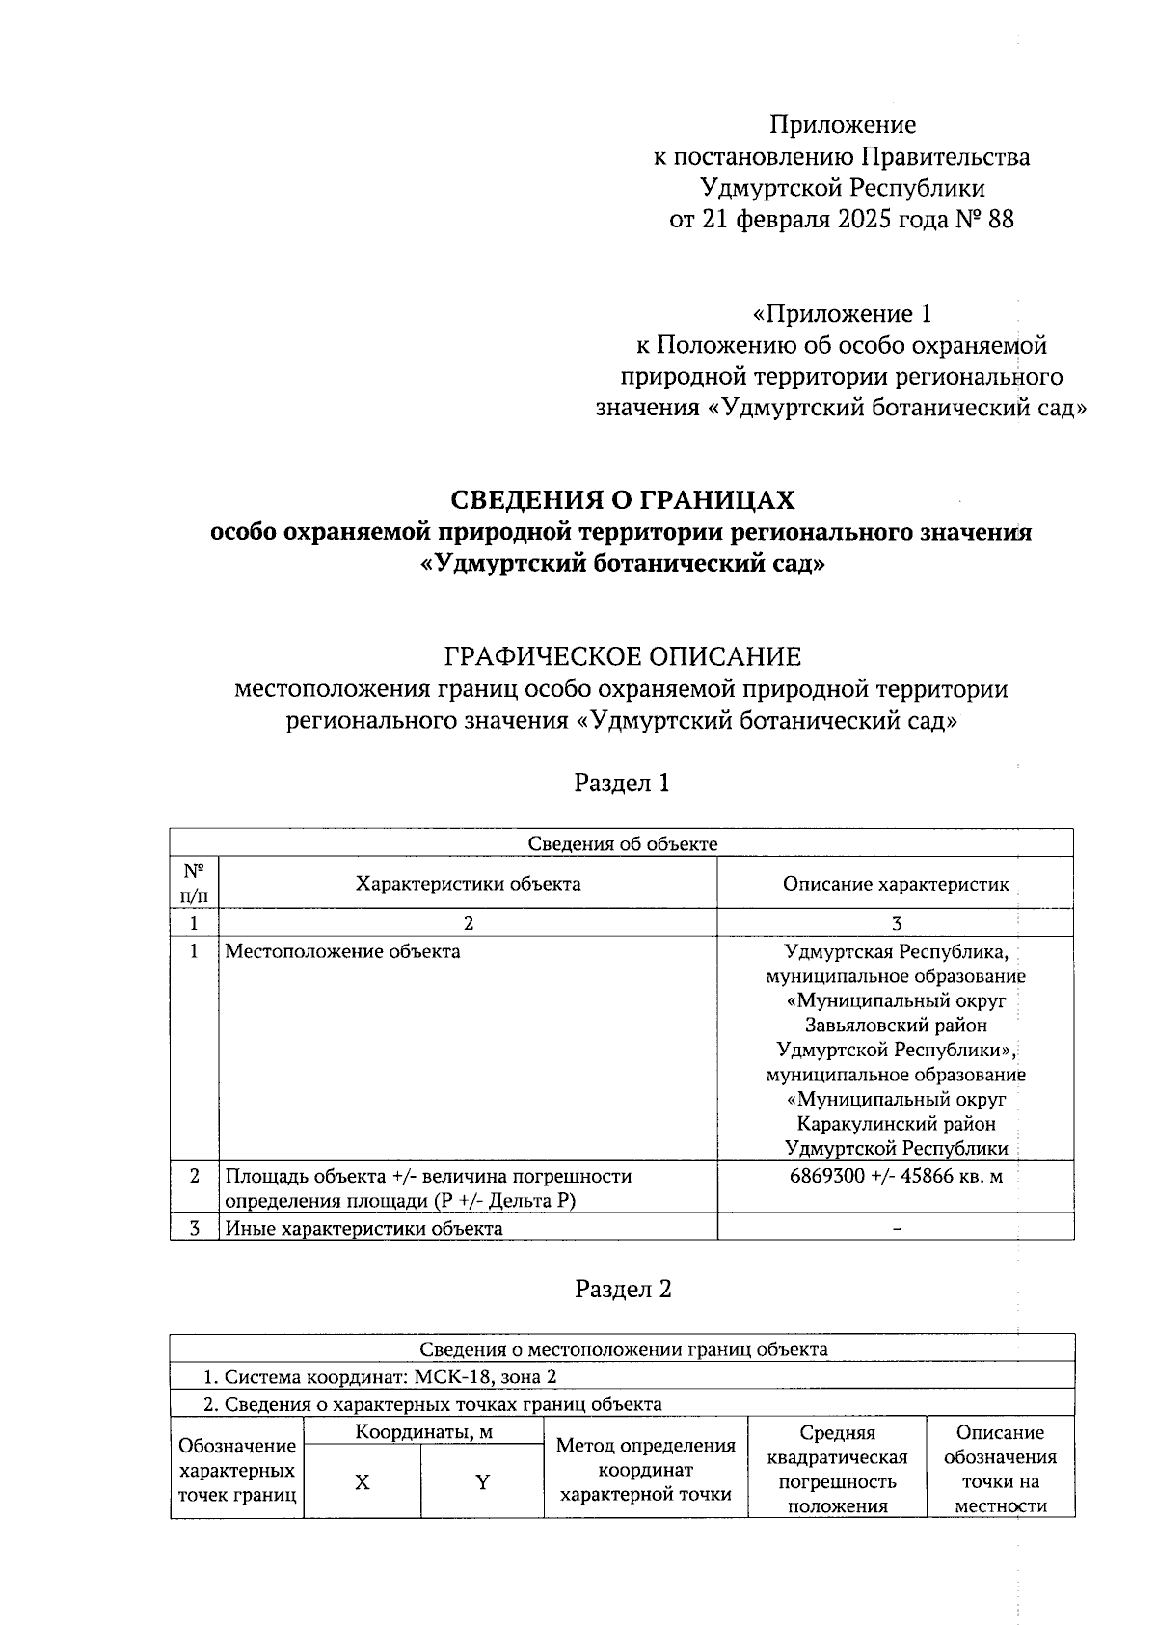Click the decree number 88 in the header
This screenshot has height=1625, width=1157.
coord(1000,220)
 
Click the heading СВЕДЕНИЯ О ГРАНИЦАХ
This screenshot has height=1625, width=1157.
coord(623,499)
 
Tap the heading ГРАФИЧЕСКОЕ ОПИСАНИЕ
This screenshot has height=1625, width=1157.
coord(622,656)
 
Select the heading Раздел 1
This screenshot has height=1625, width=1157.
coord(622,783)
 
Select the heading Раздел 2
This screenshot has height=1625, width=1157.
coord(622,1289)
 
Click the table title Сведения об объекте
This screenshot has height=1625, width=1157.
coord(622,843)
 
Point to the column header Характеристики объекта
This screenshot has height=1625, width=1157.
coord(468,883)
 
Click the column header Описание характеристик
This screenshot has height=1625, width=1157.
coord(895,883)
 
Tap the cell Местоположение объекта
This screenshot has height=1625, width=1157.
coord(342,952)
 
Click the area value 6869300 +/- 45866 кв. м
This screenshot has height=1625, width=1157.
coord(895,1176)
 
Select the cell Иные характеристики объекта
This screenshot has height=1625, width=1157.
coord(363,1228)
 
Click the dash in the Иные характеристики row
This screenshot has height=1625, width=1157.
coord(897,1228)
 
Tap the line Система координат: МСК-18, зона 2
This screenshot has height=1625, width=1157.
coord(383,1375)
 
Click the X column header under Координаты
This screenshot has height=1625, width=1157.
coord(362,1482)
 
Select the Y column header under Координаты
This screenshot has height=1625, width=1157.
coord(482,1482)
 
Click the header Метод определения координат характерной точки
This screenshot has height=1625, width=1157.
coord(645,1470)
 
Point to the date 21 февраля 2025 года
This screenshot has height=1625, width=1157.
coord(813,220)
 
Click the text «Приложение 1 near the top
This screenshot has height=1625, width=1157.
coord(841,313)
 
